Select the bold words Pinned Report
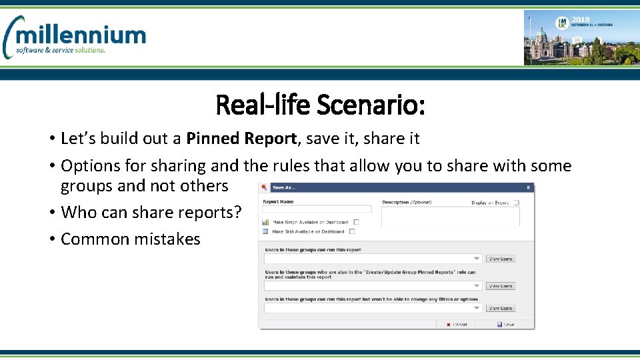tap(242, 139)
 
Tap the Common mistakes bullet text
tap(130, 239)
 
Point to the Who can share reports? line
tap(151, 213)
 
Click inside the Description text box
tap(450, 215)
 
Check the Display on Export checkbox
tap(516, 203)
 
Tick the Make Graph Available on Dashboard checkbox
tap(357, 222)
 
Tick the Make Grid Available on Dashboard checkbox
tap(352, 232)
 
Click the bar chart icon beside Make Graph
tap(265, 222)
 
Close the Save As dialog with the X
tap(529, 188)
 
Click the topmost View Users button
tap(501, 259)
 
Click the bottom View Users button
tap(501, 308)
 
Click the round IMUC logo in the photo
tap(562, 23)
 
